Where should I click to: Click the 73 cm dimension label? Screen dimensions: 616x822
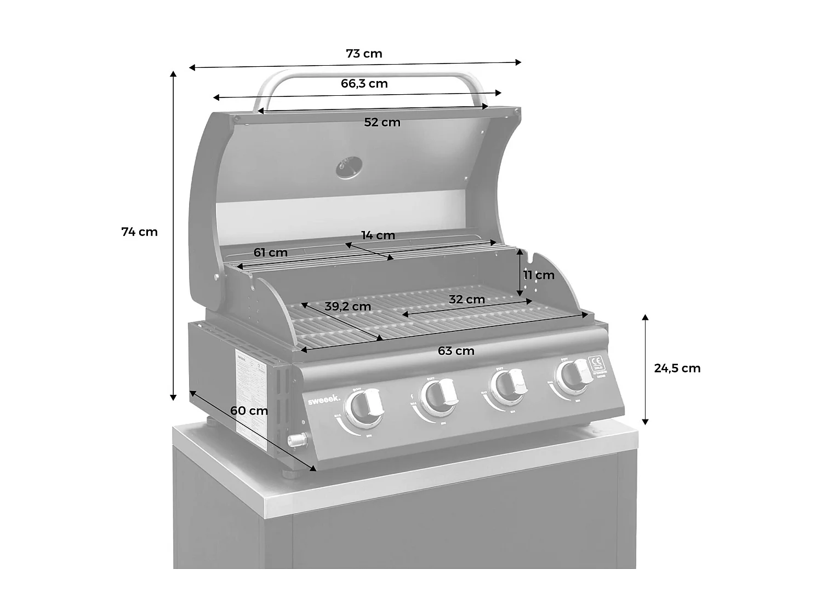tap(364, 54)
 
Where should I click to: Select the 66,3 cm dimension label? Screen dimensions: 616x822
tap(364, 84)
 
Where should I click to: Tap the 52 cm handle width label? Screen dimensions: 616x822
tap(382, 123)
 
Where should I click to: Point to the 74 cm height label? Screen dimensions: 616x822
tap(139, 232)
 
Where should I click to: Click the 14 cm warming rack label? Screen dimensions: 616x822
tap(378, 235)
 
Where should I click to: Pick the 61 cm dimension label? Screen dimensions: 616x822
tap(270, 253)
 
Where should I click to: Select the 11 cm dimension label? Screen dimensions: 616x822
tap(539, 275)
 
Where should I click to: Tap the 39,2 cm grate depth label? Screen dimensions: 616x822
tap(347, 307)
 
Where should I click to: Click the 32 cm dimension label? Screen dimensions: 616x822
tap(466, 300)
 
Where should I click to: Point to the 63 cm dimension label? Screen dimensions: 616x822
tap(456, 351)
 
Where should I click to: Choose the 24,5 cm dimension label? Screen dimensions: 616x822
tap(677, 369)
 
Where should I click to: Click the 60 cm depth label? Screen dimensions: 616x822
tap(249, 411)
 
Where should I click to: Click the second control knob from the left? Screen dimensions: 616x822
tap(438, 394)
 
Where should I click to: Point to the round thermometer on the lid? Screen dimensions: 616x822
tap(349, 168)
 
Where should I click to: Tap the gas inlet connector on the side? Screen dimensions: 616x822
tap(298, 439)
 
